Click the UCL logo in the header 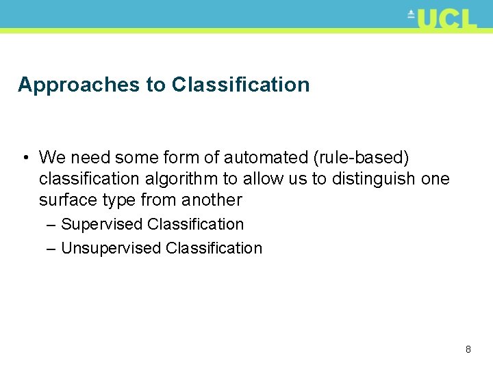pos(442,18)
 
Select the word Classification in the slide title pos(240,85)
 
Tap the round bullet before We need pos(24,158)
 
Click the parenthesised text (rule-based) pos(361,158)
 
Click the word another pos(212,200)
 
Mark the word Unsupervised pos(111,248)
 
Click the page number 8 pos(468,349)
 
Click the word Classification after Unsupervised pos(214,248)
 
